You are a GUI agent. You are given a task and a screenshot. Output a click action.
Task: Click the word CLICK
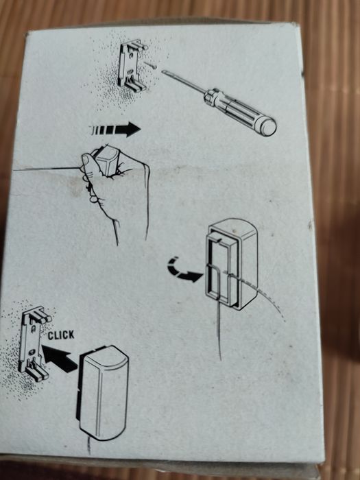click(x=61, y=335)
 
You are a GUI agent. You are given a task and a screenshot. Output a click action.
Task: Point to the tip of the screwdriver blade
click(x=163, y=71)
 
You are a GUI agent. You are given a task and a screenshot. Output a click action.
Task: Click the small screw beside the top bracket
click(x=150, y=65)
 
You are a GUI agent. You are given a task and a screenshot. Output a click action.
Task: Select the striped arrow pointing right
click(x=115, y=130)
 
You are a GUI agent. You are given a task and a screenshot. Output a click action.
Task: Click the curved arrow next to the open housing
click(x=184, y=271)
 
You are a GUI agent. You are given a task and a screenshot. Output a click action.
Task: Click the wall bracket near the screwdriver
click(x=133, y=66)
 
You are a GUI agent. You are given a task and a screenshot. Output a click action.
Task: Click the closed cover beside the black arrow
click(x=103, y=393)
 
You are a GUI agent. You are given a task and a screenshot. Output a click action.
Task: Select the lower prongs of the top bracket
click(x=135, y=86)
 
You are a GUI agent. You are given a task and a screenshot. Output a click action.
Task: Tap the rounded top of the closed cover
click(x=105, y=355)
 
